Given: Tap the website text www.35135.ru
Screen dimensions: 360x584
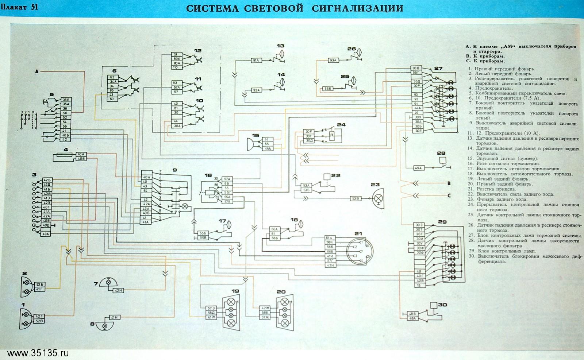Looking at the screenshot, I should [38, 353].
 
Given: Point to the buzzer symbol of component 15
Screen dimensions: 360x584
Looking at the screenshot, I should [252, 143].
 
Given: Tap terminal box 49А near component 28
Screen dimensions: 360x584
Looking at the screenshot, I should [418, 168].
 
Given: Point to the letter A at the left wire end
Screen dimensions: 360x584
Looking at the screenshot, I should [36, 72].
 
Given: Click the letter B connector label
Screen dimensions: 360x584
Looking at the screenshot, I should [449, 183].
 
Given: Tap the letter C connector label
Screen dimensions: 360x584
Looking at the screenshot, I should [449, 196].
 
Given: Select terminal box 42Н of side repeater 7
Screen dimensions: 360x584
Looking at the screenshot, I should [118, 290].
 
